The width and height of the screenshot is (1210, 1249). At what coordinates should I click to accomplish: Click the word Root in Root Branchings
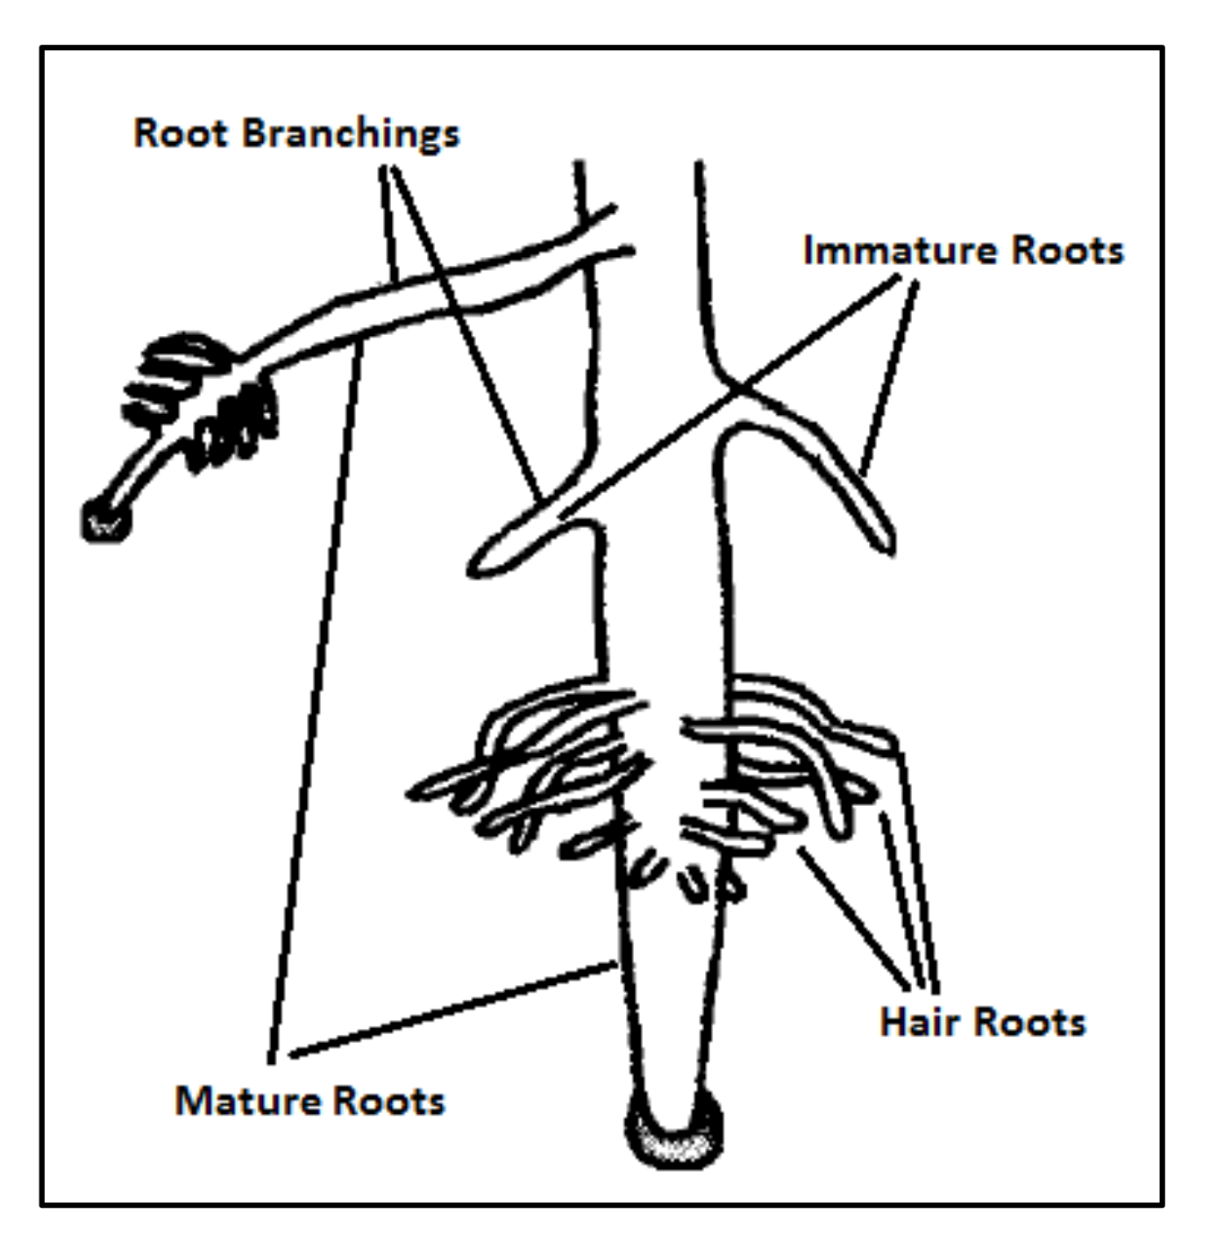[181, 134]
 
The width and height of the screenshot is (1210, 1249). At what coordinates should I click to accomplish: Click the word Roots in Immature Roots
[1067, 251]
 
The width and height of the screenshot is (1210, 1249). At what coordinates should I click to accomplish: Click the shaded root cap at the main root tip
[673, 1140]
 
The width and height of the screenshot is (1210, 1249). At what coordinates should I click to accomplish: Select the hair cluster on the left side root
[202, 399]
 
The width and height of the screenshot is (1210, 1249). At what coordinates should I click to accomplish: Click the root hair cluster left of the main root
[535, 772]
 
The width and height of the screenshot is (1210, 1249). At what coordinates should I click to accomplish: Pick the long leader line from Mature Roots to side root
[316, 702]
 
